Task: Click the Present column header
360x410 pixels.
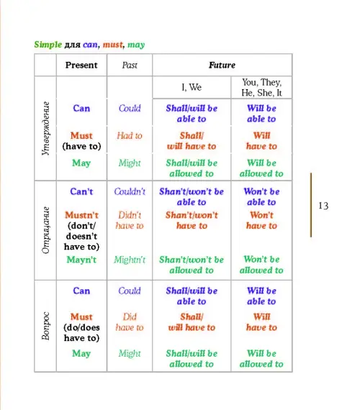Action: [81, 65]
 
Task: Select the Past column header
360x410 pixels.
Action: [130, 65]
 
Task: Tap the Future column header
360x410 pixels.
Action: [222, 65]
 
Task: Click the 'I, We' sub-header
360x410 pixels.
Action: [192, 87]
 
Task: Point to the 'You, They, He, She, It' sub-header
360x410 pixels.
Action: [261, 87]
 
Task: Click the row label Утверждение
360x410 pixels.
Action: [45, 128]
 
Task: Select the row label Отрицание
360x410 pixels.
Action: [45, 230]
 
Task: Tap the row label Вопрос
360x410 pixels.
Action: [45, 326]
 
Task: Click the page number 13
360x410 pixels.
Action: [323, 206]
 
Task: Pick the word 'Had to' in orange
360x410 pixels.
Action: [130, 135]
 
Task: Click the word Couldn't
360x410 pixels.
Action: [130, 191]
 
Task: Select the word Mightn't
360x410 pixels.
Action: [130, 260]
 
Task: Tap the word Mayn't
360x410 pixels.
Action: [81, 260]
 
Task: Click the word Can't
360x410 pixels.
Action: [81, 191]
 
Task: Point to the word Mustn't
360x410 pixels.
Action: [81, 215]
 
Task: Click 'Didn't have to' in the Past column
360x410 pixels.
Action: [130, 220]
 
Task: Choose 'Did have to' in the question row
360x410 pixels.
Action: [130, 322]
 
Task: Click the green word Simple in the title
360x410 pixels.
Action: [48, 45]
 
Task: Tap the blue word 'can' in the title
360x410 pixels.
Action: [90, 45]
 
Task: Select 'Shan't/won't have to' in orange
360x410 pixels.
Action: [192, 220]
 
